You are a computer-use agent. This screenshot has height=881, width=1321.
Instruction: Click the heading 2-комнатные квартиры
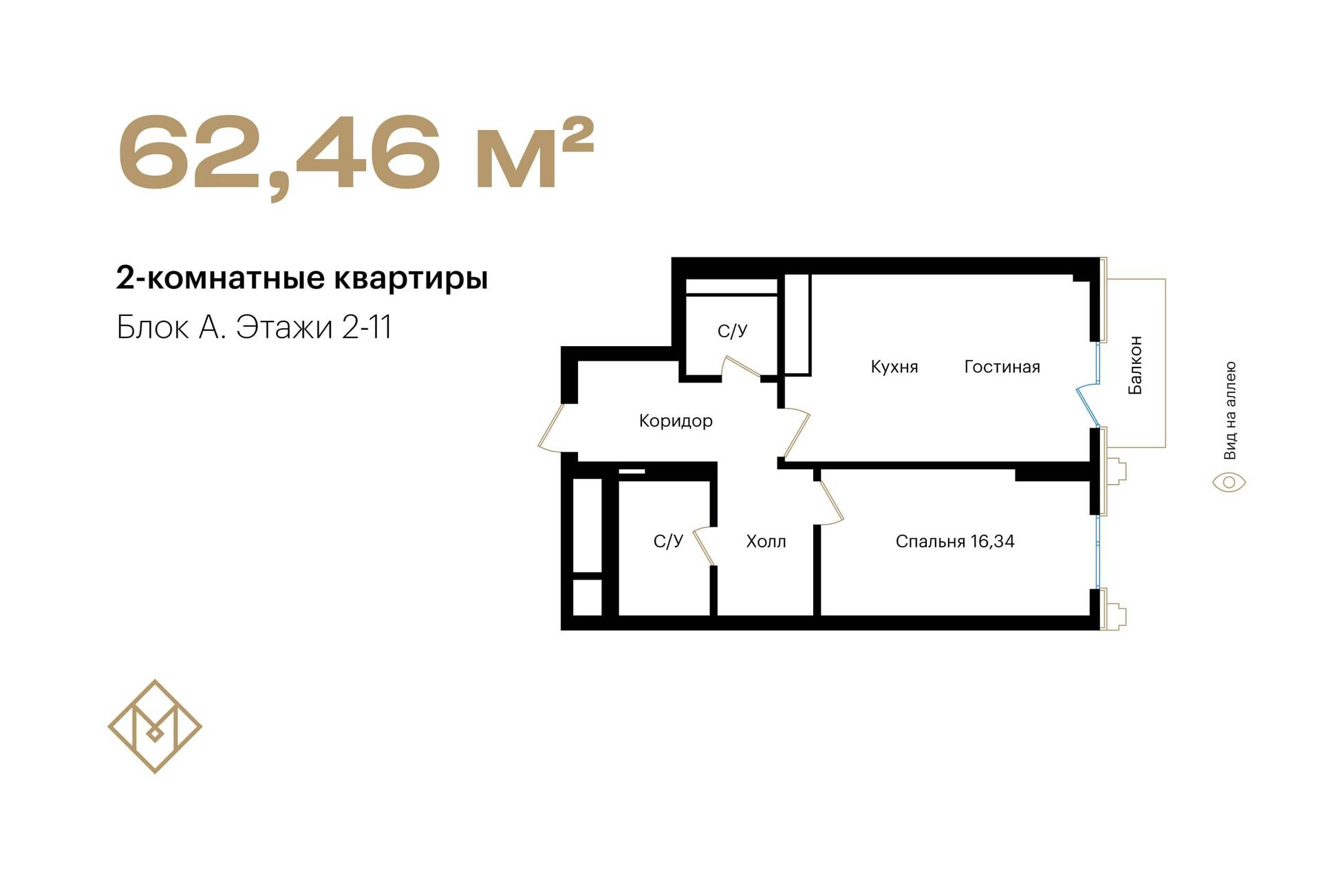point(302,279)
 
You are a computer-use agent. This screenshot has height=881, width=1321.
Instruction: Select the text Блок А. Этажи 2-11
point(254,327)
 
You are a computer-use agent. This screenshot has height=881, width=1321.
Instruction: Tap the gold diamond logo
point(155,726)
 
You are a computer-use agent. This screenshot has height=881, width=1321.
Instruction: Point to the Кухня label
point(894,367)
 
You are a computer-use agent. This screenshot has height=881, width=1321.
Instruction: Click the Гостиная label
point(1002,367)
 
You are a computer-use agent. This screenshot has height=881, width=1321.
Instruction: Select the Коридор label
point(676,421)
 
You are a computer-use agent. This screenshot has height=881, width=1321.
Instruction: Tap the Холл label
point(766,542)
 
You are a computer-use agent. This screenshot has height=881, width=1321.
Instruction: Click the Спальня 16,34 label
point(955,542)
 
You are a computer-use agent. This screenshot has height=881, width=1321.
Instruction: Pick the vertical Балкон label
point(1135,365)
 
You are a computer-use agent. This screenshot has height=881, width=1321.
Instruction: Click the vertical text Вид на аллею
point(1230,410)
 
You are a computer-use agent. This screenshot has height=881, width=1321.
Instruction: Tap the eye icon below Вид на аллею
point(1229,482)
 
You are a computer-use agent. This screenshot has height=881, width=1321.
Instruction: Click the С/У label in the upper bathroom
point(732,331)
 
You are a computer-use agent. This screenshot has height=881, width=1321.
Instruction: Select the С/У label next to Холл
point(668,542)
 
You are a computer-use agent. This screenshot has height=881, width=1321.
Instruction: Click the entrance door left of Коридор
point(550,428)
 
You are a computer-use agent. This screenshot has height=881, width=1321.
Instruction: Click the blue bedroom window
point(1097,551)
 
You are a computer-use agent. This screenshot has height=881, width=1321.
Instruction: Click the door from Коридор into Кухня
point(796,434)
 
